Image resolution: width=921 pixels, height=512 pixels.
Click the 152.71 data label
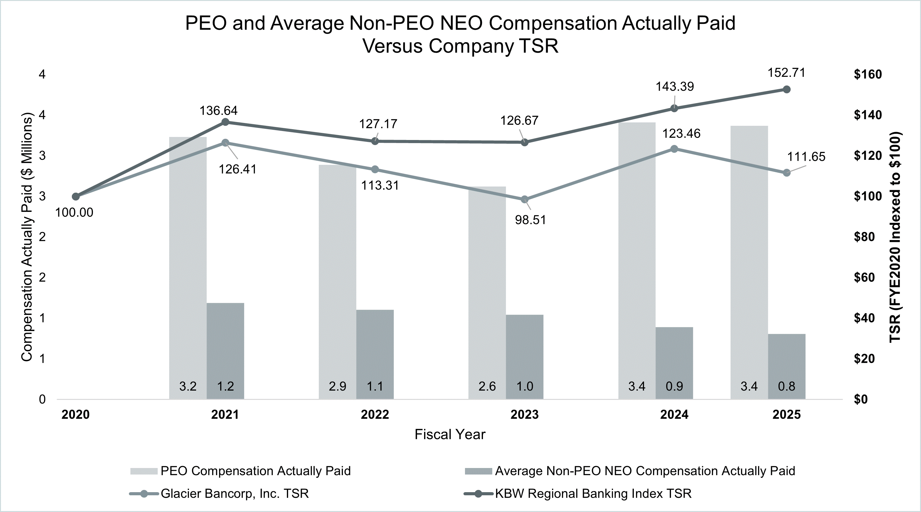tap(786, 73)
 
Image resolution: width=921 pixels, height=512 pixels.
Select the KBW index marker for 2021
tap(225, 122)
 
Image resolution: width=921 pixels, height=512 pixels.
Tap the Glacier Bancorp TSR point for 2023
tap(524, 199)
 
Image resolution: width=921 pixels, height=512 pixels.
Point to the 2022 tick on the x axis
tap(375, 415)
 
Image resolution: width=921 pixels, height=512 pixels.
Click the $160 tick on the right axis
tap(868, 74)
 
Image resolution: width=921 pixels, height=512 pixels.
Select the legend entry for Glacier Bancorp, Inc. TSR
tap(234, 494)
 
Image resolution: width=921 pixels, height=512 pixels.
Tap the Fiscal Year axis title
tap(450, 435)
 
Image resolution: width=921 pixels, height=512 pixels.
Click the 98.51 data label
tap(530, 220)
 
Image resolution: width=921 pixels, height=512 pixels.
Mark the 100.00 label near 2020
tap(74, 212)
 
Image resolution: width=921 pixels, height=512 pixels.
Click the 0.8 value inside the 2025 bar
tap(787, 386)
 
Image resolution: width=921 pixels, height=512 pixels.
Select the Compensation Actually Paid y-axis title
tap(27, 237)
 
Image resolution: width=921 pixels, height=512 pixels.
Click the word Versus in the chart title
tap(392, 46)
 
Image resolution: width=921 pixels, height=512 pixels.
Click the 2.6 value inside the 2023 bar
tap(487, 386)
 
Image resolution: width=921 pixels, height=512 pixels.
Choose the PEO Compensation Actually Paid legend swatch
tap(144, 471)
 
